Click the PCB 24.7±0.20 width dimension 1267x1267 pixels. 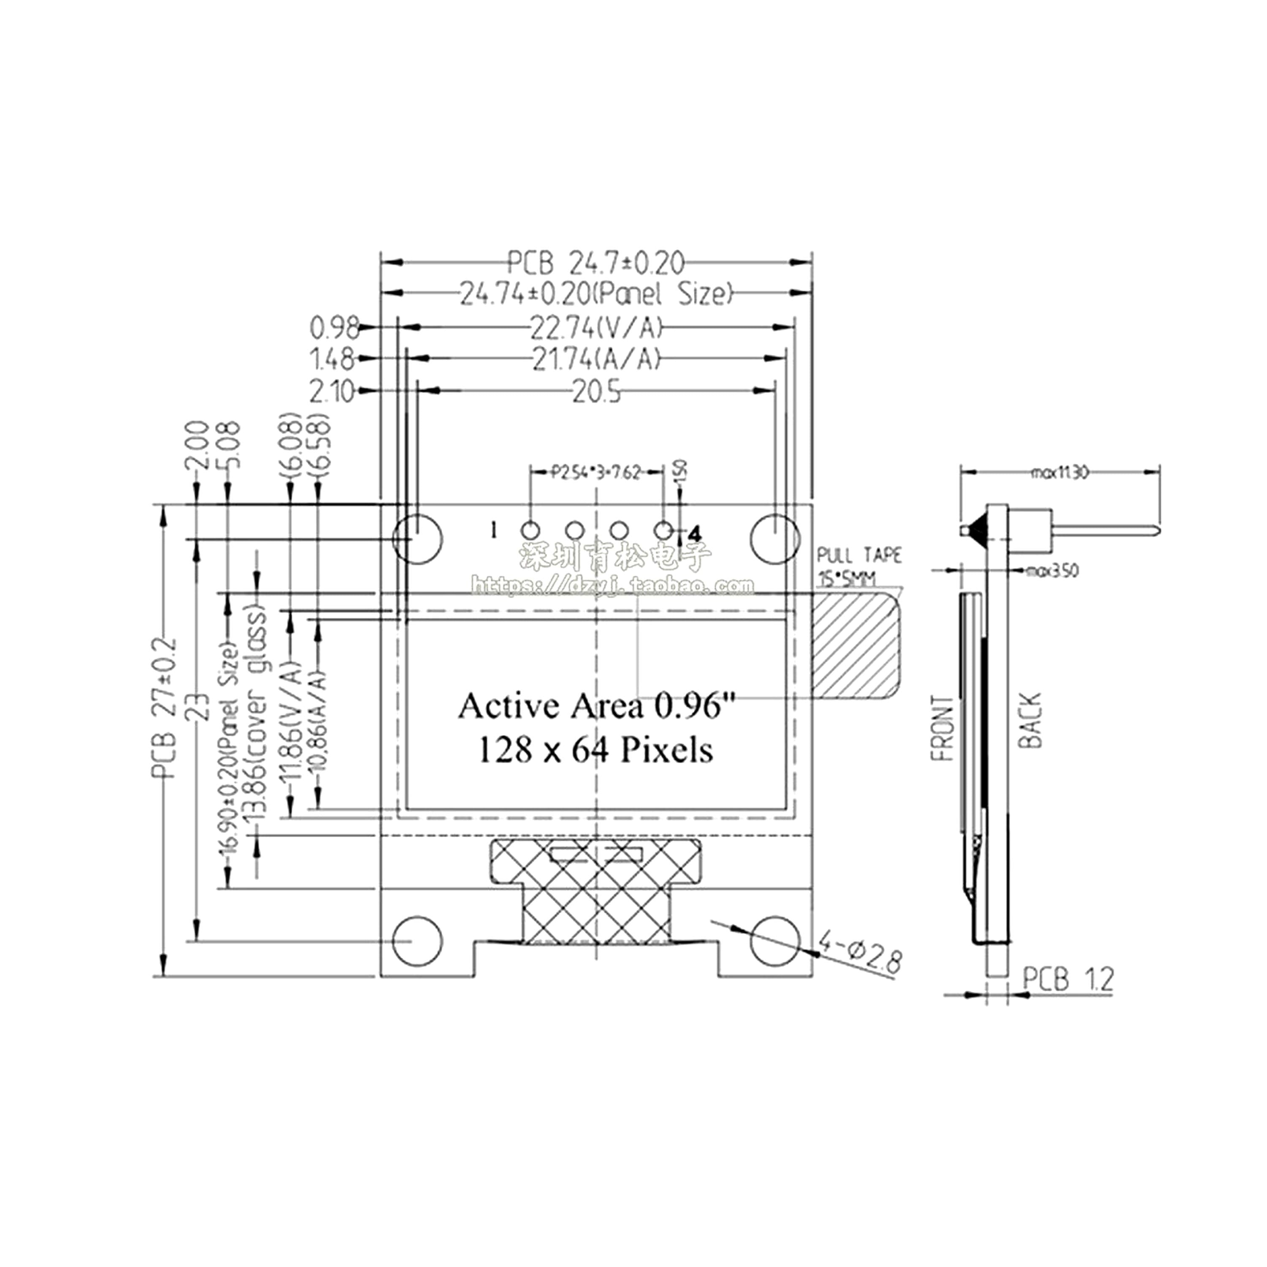tap(596, 263)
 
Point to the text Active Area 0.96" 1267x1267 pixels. tap(597, 706)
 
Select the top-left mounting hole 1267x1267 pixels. tap(418, 538)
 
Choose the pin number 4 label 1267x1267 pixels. tap(695, 533)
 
